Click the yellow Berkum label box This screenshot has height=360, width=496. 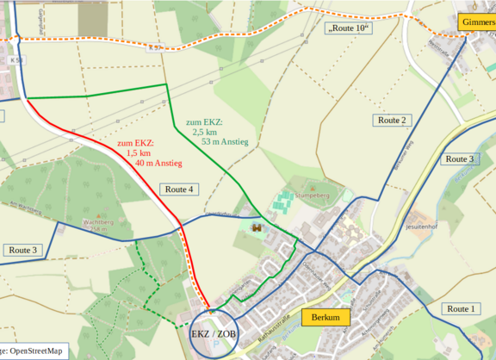(326, 318)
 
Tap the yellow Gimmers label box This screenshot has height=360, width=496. (476, 22)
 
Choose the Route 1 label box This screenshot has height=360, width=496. (460, 308)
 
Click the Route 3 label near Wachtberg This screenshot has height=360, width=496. (22, 250)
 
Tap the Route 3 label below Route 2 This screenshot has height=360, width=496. (458, 158)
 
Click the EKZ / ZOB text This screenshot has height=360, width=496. (213, 332)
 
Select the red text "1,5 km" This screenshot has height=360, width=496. (139, 152)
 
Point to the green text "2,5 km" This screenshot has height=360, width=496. (204, 132)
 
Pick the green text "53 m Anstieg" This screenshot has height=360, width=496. (225, 141)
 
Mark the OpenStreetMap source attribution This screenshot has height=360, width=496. (33, 351)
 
